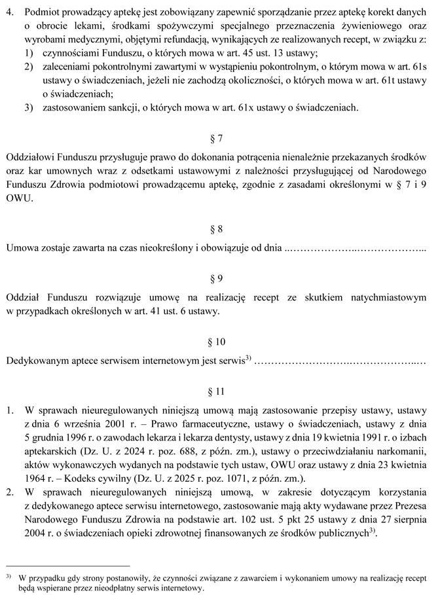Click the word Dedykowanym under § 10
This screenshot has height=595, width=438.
click(x=37, y=361)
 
